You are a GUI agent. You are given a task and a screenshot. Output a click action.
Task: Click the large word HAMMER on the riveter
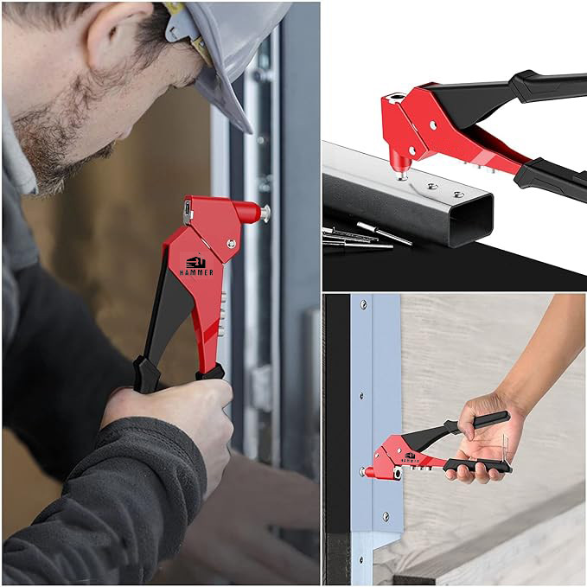click(x=196, y=272)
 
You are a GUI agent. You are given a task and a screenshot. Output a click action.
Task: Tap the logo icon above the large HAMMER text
click(x=195, y=262)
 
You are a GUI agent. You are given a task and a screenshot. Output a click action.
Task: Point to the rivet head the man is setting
click(x=265, y=214)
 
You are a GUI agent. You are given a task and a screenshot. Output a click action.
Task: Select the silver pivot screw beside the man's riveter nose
click(x=232, y=244)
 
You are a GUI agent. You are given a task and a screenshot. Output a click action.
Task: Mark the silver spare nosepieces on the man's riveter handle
click(x=223, y=314)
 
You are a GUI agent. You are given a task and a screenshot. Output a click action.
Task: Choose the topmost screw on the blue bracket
click(x=363, y=304)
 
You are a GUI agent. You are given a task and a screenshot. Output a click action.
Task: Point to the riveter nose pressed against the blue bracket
click(x=368, y=472)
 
